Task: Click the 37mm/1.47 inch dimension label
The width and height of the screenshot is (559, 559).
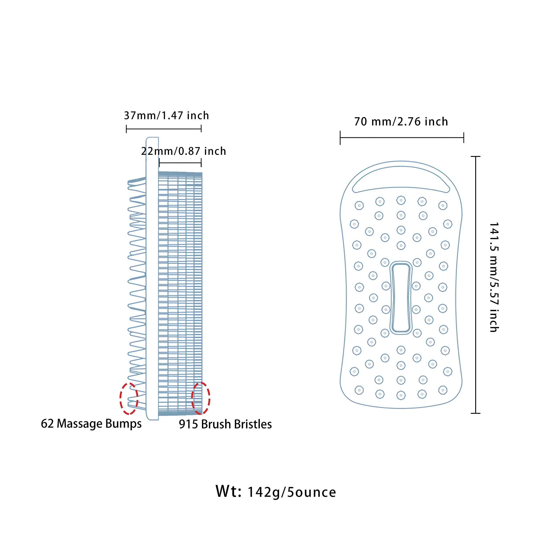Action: point(166,116)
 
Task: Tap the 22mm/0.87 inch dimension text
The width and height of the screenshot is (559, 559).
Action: point(183,151)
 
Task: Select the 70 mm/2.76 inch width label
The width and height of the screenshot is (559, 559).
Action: point(401,122)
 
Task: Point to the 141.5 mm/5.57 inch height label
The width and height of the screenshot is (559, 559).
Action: point(494,277)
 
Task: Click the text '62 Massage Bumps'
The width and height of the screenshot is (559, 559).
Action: point(91,424)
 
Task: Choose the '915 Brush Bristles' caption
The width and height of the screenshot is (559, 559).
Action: point(225,424)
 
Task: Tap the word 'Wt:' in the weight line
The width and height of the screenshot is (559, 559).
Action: point(228,491)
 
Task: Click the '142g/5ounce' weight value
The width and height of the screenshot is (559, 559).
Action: point(292,492)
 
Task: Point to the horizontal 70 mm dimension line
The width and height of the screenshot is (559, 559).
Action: point(402,138)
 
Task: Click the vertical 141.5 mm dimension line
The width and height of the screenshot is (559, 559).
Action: point(476,285)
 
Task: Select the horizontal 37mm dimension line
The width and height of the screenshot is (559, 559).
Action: point(164,129)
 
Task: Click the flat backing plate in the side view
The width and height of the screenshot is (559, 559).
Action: point(152,278)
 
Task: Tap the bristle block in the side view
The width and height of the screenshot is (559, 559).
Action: point(180,294)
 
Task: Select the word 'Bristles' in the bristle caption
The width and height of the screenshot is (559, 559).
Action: point(253,424)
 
